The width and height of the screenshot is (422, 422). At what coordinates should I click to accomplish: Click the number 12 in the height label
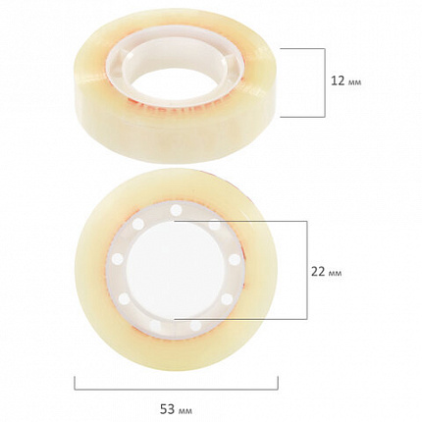tap(338, 80)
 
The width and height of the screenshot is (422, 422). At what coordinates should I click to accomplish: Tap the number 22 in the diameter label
tap(318, 271)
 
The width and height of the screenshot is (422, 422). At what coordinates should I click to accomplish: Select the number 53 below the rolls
tap(167, 409)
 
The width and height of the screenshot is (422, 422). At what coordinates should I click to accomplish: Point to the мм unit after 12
tap(355, 82)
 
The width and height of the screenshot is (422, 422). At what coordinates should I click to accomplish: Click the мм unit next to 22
tap(335, 274)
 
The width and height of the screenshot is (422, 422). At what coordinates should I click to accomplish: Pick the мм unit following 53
tap(185, 411)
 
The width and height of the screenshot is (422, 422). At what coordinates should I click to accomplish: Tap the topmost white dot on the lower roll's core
tap(176, 210)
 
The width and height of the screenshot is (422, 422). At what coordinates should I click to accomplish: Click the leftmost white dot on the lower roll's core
tap(118, 259)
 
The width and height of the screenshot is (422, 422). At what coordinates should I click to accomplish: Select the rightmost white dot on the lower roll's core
tap(235, 260)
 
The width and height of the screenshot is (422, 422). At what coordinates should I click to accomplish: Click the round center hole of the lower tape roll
tap(176, 270)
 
